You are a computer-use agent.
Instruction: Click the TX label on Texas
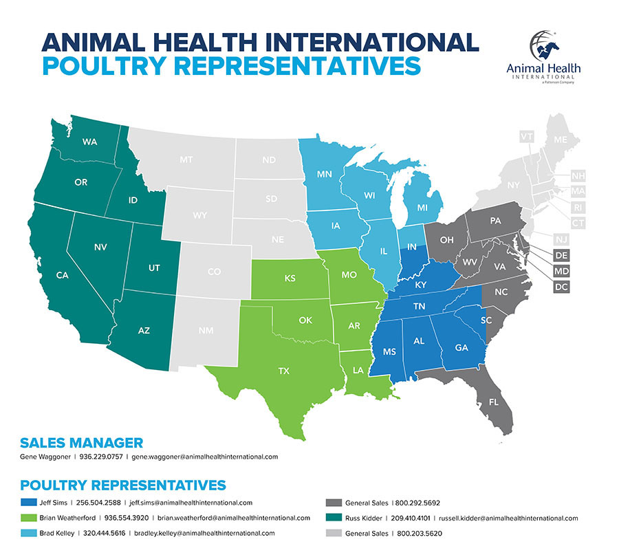point(283,371)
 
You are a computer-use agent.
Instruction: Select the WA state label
point(89,142)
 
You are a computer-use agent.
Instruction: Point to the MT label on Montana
point(186,160)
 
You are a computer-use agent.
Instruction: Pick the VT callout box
point(527,137)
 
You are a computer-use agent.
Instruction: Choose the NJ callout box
point(561,238)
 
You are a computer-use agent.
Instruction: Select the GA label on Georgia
point(461,347)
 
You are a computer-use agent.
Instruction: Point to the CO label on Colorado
point(214,272)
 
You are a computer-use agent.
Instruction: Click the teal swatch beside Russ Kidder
point(334,518)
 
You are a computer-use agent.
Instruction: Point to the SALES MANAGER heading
point(82,442)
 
